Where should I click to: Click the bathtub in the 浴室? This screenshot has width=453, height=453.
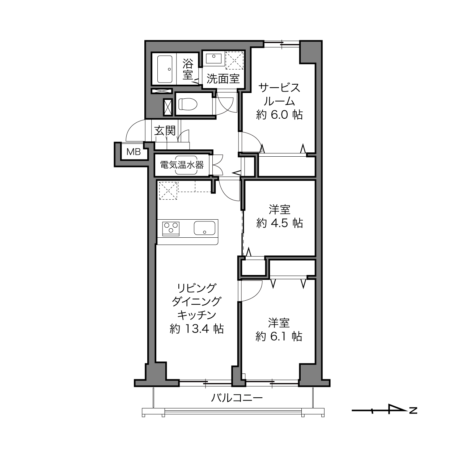coord(165,69)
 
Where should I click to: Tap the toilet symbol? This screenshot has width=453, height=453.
coord(187,104)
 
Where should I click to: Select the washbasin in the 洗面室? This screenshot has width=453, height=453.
coord(214,58)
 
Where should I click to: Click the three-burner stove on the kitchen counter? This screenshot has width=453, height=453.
coord(171,228)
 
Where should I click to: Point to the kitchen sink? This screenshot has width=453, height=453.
coord(204,228)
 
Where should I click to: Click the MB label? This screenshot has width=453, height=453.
coord(134,152)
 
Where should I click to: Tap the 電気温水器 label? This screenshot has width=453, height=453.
coord(182,165)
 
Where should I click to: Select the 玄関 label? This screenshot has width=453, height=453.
coord(165,131)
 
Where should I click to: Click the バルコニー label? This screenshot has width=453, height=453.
coord(237,398)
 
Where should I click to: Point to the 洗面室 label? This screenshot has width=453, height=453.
coord(223,79)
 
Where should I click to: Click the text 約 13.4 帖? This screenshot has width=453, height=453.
coord(196,329)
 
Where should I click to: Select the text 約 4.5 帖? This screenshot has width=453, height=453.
coord(280,223)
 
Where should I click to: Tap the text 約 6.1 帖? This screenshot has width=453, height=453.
coord(279,336)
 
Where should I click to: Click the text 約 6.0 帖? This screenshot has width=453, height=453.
coord(280,115)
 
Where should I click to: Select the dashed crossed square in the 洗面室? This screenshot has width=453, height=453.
coord(234,60)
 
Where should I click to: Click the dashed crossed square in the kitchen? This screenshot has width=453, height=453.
coord(168,191)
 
